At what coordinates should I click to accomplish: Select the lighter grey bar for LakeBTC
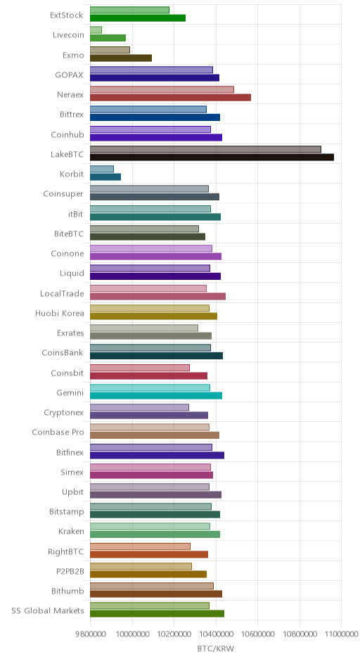205,149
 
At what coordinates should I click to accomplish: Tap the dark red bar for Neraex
170,98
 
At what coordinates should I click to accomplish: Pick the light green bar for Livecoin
96,30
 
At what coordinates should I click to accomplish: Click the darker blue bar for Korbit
105,177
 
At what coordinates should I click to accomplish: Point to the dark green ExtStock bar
138,18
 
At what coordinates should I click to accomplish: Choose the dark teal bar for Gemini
156,396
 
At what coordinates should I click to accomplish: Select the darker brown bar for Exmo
121,58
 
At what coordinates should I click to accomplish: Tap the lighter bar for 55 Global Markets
150,605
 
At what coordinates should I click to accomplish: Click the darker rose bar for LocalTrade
157,296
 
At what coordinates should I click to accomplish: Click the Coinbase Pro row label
58,432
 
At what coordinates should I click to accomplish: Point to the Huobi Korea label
60,313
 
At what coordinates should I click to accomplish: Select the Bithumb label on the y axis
67,591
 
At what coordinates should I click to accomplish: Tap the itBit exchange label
75,214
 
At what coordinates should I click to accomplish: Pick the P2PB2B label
70,571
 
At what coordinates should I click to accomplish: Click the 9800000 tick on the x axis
90,634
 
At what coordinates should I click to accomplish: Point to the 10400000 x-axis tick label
216,634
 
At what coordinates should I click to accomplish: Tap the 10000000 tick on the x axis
132,634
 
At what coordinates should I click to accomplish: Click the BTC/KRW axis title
215,648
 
